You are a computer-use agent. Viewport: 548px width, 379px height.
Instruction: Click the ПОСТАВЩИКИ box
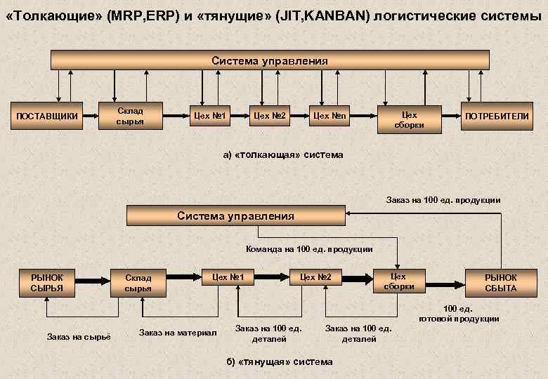click(47, 115)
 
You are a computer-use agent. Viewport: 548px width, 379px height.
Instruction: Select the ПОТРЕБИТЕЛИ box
click(495, 115)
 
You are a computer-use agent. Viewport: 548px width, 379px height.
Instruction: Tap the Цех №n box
click(330, 115)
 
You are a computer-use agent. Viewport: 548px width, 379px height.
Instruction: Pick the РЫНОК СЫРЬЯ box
click(47, 282)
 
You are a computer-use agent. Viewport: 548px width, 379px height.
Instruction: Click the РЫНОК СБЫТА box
click(501, 282)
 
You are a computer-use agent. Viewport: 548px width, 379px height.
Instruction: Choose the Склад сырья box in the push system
click(130, 116)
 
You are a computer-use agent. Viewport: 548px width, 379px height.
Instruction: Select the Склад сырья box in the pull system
click(138, 282)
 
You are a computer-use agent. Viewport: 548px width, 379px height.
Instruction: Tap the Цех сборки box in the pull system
click(399, 281)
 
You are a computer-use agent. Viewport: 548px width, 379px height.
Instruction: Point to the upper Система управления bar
click(270, 61)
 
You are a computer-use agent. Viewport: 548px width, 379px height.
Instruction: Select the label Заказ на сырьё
click(79, 338)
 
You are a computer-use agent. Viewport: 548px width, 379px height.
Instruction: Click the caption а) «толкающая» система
click(283, 154)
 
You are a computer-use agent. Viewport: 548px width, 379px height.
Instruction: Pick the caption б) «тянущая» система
click(279, 362)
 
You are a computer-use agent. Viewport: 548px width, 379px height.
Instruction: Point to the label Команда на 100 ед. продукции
click(309, 249)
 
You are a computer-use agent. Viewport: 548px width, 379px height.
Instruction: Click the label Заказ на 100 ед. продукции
click(443, 200)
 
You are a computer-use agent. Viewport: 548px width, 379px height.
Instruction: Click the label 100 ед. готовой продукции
click(459, 314)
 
